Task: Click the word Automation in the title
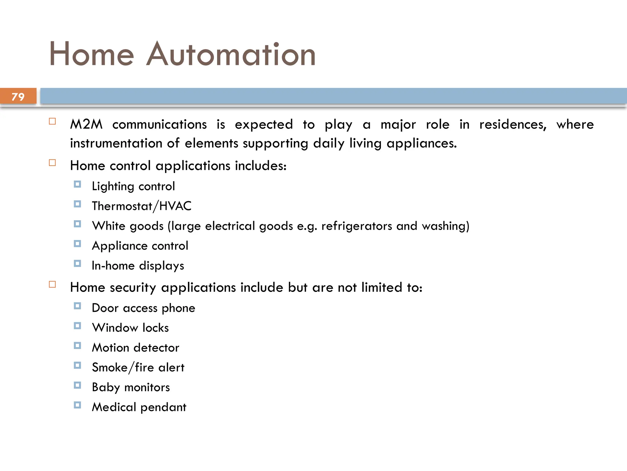[x=231, y=55]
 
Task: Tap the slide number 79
[x=18, y=97]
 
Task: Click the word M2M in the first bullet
[x=86, y=124]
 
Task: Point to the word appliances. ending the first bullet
[x=422, y=143]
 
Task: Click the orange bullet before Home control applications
[x=52, y=163]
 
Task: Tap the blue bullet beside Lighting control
[x=77, y=184]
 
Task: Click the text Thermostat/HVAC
[x=141, y=206]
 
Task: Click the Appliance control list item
[x=140, y=246]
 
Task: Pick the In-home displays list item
[x=138, y=266]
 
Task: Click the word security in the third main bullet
[x=133, y=288]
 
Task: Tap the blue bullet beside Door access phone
[x=77, y=306]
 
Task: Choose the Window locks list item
[x=130, y=328]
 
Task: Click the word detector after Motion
[x=156, y=348]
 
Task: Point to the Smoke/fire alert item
[x=138, y=367]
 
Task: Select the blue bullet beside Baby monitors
[x=77, y=385]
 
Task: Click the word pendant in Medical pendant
[x=163, y=407]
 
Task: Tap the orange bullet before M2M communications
[x=52, y=121]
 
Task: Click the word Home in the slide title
[x=92, y=55]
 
